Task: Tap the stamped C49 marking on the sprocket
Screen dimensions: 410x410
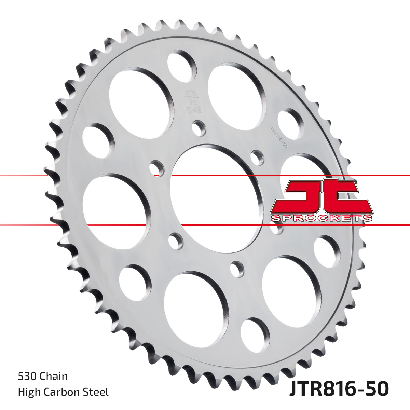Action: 194,110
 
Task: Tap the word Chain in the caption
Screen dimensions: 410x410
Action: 54,377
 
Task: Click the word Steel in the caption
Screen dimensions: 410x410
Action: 97,392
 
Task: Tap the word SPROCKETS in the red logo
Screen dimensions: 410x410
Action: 321,218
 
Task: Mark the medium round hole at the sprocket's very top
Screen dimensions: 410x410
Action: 181,65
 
